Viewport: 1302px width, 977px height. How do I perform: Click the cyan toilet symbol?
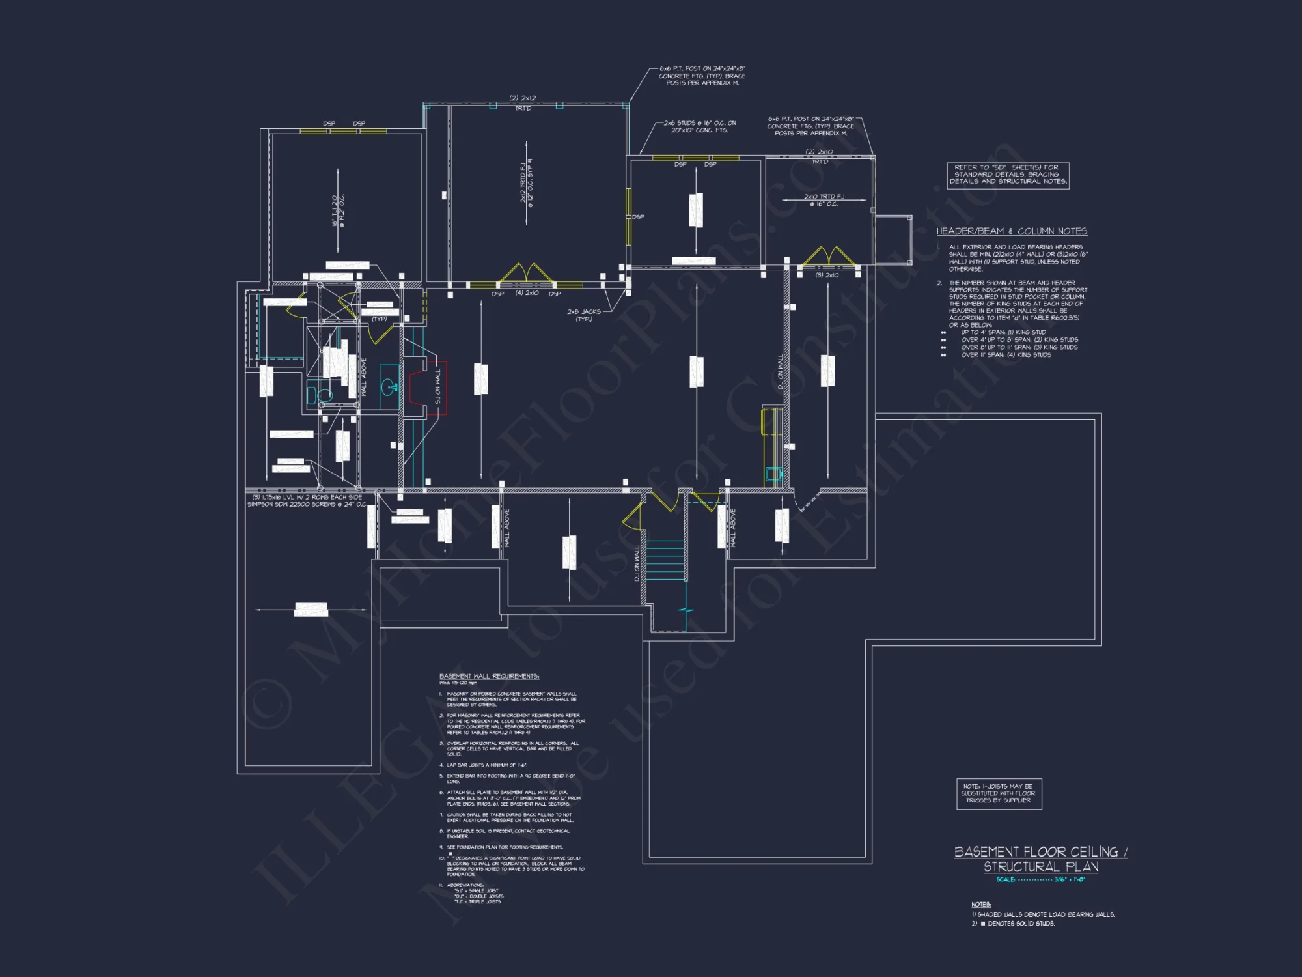324,395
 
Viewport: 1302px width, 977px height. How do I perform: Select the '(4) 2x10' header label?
527,293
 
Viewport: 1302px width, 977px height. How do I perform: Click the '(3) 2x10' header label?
827,276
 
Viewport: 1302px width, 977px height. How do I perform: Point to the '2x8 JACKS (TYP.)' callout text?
583,315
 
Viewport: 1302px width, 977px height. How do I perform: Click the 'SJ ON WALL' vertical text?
437,386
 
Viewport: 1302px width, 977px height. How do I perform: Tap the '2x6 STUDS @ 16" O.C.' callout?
699,126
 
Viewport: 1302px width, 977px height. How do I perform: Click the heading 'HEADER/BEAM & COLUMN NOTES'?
1011,231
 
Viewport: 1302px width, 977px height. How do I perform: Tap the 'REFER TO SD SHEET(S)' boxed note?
1007,175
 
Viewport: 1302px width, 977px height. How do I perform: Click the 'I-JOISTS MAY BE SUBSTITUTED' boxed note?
998,793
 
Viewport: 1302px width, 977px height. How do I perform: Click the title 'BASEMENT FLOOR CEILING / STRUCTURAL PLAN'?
1040,859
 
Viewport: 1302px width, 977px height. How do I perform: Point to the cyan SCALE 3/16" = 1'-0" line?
1040,879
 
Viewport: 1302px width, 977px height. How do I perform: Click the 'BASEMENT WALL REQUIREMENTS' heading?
489,676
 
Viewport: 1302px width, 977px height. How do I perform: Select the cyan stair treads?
665,560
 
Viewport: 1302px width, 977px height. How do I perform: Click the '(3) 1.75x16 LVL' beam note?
307,501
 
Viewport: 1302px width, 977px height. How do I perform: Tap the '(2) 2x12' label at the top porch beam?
522,98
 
